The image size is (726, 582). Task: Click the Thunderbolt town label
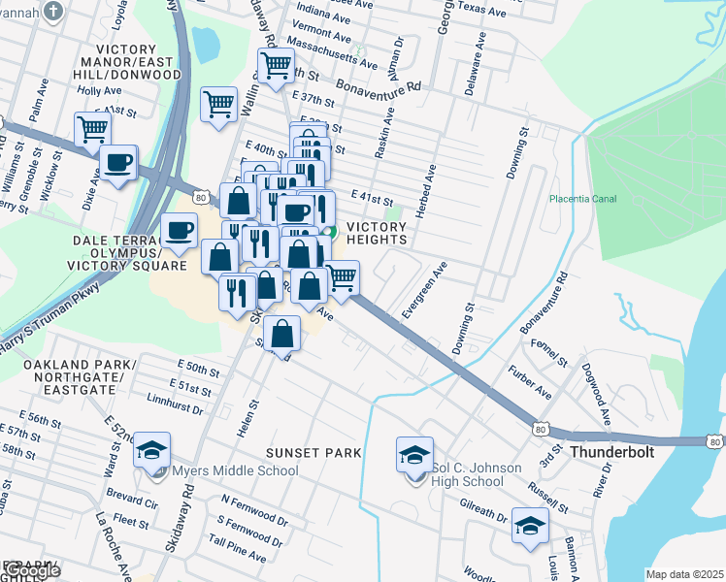click(611, 452)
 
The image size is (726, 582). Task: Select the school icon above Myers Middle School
click(151, 450)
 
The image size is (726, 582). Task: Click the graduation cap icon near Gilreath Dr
click(530, 526)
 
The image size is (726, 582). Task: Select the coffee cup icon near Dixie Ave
click(118, 164)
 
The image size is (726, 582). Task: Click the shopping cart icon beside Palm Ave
click(92, 128)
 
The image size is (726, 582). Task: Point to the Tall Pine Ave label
click(237, 550)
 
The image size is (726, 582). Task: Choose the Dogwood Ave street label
click(596, 389)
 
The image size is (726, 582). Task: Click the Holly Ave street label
click(99, 90)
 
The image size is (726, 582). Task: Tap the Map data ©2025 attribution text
click(684, 574)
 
